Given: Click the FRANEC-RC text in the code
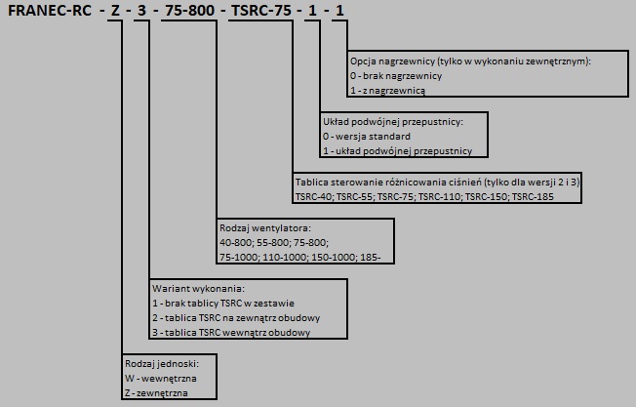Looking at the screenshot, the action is (50, 10).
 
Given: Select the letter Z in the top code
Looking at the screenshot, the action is (116, 10).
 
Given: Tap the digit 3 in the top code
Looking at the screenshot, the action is (141, 10).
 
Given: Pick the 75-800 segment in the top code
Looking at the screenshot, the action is (190, 10).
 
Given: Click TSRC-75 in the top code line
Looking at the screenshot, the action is (261, 10).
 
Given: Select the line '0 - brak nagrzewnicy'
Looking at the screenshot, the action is (396, 76).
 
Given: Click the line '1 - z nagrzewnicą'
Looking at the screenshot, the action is (387, 91).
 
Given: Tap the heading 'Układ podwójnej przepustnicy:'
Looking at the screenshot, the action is (393, 122).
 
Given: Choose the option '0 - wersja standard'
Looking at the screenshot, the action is (367, 137).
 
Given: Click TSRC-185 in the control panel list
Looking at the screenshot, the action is (533, 197).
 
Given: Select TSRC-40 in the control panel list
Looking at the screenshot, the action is (314, 197).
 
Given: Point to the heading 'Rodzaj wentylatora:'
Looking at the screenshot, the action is (265, 228).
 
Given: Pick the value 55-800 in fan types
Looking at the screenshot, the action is (273, 243).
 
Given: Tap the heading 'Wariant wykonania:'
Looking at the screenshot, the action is (198, 289).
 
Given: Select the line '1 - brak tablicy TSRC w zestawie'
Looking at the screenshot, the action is (223, 304).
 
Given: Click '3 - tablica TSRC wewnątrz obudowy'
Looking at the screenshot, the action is (231, 333).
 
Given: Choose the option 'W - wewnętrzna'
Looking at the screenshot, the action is (161, 379).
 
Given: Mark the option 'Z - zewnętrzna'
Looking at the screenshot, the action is (157, 393).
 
